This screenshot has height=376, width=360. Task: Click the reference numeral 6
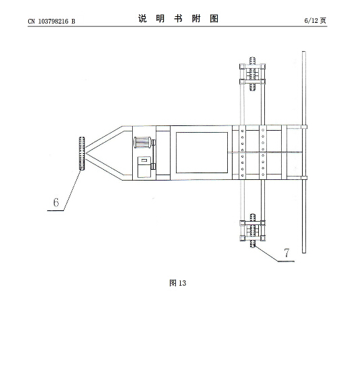coord(56,202)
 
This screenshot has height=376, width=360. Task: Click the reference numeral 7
coord(287,253)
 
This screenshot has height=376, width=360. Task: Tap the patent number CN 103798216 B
coord(51,22)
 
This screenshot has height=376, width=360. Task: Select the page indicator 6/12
coord(311,21)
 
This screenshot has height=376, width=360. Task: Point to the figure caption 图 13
coord(177,283)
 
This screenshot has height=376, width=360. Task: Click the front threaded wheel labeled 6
coord(82,154)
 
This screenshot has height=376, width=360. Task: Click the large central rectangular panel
coord(202,152)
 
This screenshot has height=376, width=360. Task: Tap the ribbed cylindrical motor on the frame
coord(142,142)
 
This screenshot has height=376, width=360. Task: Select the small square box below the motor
coord(144,167)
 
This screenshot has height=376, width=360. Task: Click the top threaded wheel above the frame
coord(252,73)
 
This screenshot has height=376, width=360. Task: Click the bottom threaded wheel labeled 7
coord(253,230)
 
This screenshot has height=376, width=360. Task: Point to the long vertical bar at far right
coord(304,152)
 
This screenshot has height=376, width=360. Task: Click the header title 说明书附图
coord(178,18)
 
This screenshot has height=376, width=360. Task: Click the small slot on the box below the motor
coord(144,160)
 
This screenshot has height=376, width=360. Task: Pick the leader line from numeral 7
coord(274,254)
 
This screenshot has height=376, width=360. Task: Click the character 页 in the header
coord(323,21)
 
